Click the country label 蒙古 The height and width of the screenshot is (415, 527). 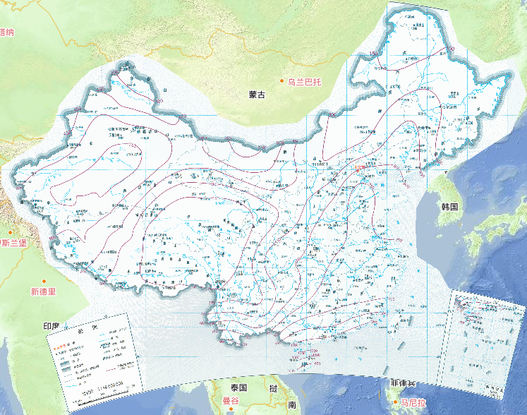click(257, 95)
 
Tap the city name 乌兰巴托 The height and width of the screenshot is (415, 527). click(304, 82)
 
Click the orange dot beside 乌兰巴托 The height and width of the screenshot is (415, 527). click(282, 82)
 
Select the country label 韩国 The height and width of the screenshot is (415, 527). click(450, 207)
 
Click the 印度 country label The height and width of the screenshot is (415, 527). click(52, 326)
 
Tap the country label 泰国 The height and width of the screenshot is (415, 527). click(237, 387)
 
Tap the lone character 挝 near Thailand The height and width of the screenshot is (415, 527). click(272, 388)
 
